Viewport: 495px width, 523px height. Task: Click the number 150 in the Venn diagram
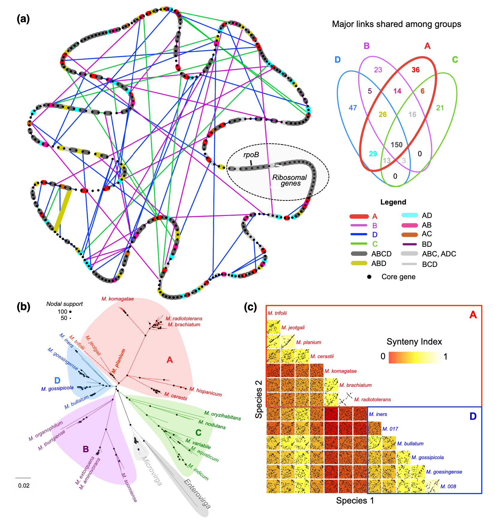[x=396, y=145]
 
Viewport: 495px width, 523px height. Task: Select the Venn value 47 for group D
[x=353, y=108]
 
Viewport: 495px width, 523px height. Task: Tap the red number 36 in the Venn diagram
[x=415, y=70]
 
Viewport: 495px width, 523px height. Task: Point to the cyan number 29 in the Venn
[x=373, y=154]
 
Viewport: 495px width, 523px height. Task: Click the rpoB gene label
[x=251, y=155]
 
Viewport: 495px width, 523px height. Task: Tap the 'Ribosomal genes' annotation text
[x=289, y=180]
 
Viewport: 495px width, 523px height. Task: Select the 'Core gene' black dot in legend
[x=369, y=277]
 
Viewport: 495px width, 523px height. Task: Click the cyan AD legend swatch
[x=409, y=215]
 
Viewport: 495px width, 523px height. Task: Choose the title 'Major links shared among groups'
[x=396, y=24]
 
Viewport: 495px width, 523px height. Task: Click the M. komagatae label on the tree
[x=117, y=299]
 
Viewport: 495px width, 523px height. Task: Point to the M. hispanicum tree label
[x=206, y=391]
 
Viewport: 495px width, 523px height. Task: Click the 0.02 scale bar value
[x=24, y=486]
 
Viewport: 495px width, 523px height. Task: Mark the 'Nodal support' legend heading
[x=64, y=304]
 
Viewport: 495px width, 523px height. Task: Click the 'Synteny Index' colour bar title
[x=414, y=342]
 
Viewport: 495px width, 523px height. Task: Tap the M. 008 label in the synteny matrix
[x=448, y=486]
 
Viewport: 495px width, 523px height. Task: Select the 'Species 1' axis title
[x=355, y=501]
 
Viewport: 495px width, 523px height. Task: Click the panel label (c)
[x=250, y=307]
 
